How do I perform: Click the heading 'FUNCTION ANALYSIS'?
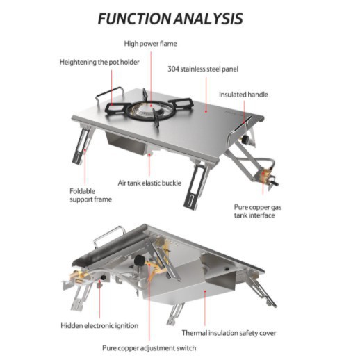click(170, 19)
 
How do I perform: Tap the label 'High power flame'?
click(150, 44)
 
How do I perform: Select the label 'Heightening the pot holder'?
click(99, 62)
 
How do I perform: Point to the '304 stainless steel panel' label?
click(203, 69)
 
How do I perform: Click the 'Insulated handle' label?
click(243, 95)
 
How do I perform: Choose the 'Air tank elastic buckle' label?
click(149, 183)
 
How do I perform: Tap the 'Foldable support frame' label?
click(90, 195)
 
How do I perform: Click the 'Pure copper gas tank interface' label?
click(258, 211)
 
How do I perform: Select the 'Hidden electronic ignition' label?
click(99, 325)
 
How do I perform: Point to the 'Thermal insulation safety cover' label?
click(229, 333)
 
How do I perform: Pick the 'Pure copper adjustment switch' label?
click(149, 348)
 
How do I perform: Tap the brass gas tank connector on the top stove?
click(264, 176)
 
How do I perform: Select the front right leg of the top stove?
click(196, 186)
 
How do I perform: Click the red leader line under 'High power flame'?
click(151, 79)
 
